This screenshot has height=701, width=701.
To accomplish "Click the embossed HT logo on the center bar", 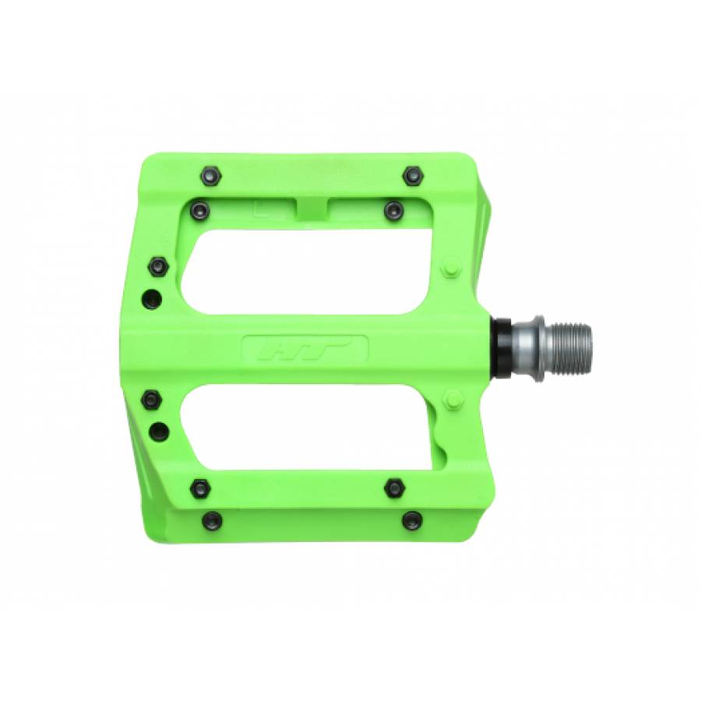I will (305, 349).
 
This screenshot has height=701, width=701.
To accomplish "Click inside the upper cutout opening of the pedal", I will (312, 273).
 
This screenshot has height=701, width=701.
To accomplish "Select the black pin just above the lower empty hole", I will (150, 400).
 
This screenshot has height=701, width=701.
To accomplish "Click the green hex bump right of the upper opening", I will (452, 267).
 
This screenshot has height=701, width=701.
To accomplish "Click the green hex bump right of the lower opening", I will (452, 400).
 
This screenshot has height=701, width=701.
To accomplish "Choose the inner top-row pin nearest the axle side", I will (394, 210).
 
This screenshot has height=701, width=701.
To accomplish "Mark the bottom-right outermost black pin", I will (412, 520).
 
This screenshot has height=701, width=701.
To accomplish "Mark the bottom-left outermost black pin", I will (210, 520).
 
